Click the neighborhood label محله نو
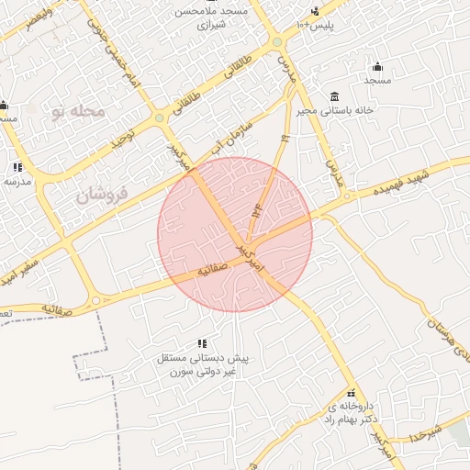pos(79,111)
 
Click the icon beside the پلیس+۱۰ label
pos(315,11)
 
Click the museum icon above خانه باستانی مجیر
pos(333,96)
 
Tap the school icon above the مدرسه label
pos(17,167)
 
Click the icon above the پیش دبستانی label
pos(202,343)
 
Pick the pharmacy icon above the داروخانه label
pos(350,392)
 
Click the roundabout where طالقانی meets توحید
pos(160,117)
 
